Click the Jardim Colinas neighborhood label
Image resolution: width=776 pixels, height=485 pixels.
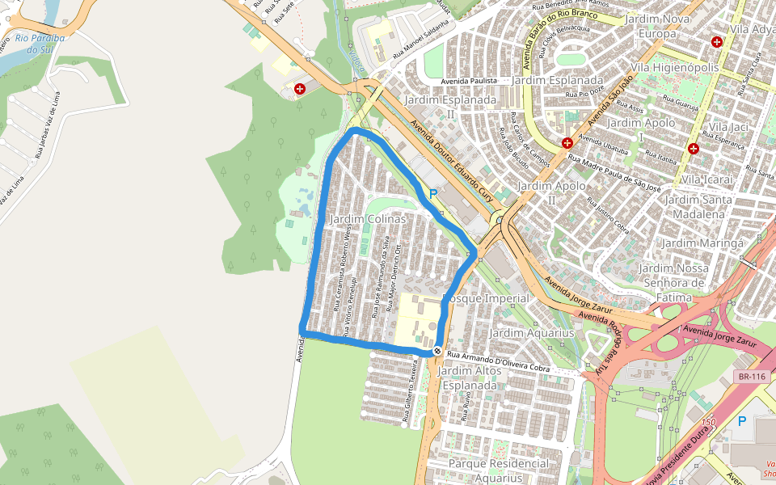pos(368,220)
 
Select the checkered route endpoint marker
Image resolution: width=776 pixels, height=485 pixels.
pos(436,351)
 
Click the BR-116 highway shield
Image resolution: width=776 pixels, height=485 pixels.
pos(751,377)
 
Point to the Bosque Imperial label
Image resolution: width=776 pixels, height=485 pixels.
pos(488,298)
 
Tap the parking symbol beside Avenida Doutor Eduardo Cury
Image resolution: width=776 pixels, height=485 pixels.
pos(432,194)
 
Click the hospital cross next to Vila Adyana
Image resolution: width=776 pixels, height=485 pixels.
pos(716,41)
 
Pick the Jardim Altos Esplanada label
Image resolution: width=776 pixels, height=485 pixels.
pos(469,378)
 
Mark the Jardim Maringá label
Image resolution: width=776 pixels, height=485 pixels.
pos(702,242)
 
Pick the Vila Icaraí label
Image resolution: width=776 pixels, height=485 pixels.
pos(707,179)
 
